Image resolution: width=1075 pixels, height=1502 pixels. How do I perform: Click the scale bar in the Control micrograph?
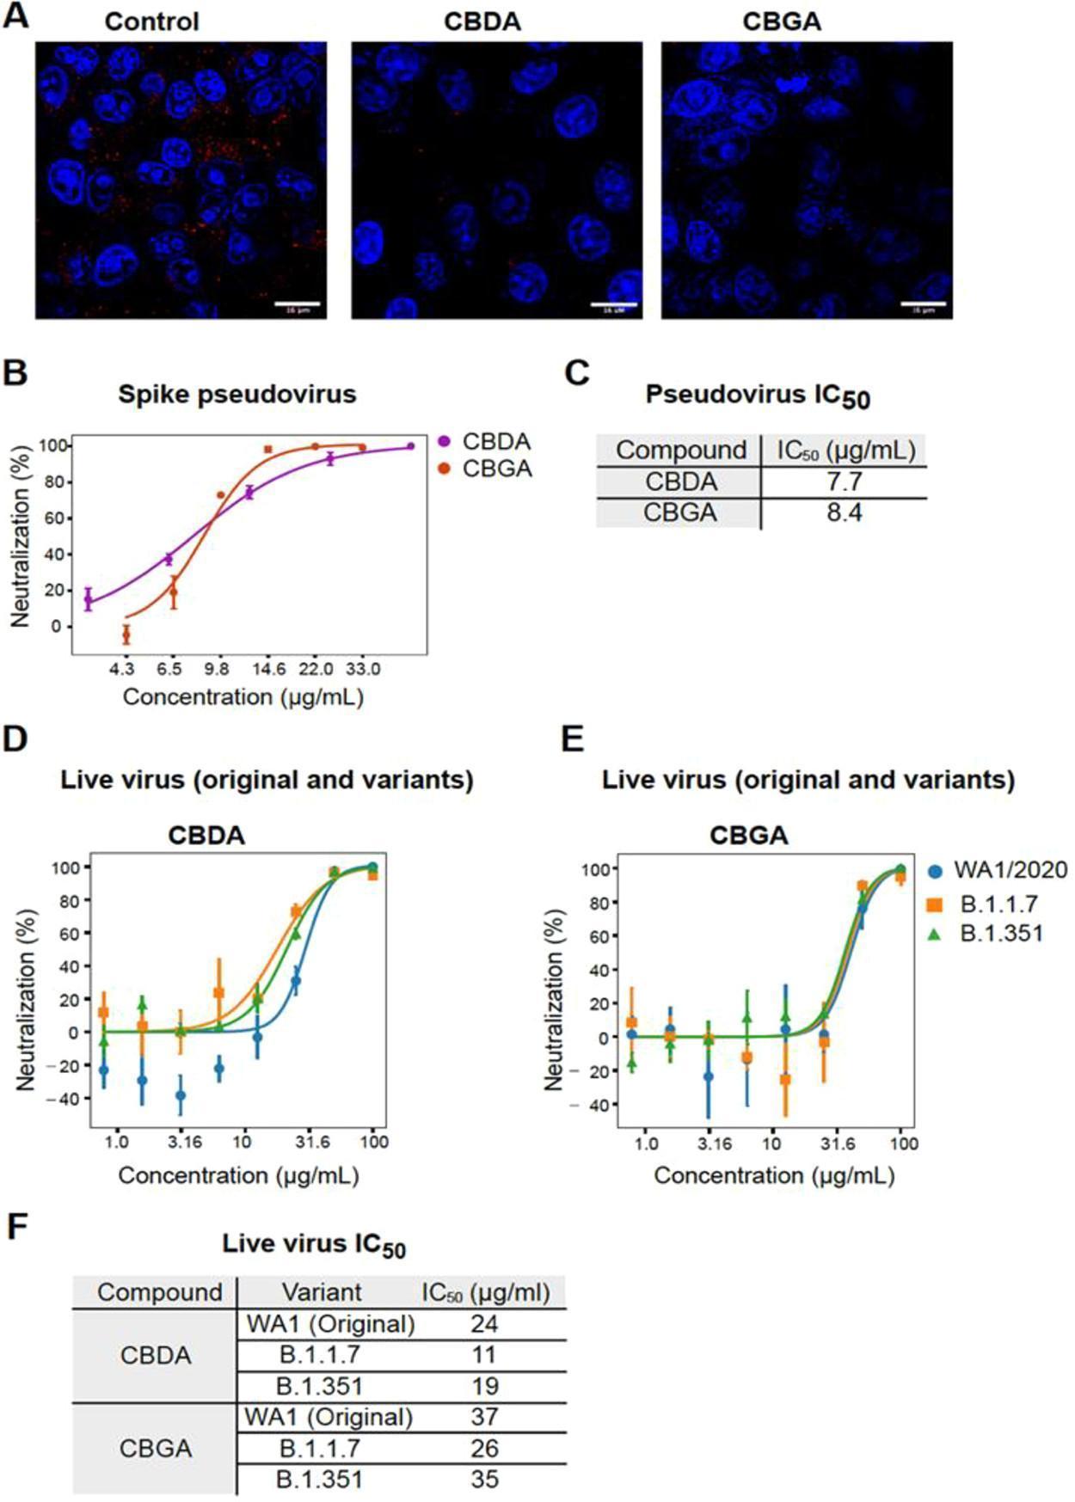(298, 303)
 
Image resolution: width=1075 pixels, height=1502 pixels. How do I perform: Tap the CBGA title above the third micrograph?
(781, 21)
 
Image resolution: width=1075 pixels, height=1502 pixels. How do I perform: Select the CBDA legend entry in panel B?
(484, 441)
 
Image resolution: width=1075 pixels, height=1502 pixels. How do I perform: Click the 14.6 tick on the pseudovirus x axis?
(268, 669)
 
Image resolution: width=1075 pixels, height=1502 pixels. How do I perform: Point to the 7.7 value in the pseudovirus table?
(844, 481)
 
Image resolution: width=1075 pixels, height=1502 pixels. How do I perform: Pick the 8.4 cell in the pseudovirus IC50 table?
(844, 512)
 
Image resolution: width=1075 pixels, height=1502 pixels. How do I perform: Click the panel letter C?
(577, 373)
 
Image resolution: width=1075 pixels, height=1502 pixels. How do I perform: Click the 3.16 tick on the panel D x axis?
(184, 1142)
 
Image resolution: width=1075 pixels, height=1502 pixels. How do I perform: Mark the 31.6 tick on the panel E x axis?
(838, 1143)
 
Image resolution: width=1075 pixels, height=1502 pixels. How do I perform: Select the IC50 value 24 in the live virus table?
(484, 1323)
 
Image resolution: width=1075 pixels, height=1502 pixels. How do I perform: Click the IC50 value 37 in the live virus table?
(484, 1416)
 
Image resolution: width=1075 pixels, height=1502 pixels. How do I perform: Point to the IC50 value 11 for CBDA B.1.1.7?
(484, 1354)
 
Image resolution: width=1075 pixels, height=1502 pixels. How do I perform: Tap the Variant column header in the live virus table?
(322, 1291)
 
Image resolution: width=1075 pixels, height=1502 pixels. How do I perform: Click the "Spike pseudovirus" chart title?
(236, 394)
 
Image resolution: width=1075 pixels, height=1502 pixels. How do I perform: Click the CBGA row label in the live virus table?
(156, 1448)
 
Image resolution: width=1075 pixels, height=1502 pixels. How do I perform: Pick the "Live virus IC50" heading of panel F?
(313, 1244)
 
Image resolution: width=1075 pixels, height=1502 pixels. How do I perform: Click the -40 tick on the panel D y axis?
(70, 1099)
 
